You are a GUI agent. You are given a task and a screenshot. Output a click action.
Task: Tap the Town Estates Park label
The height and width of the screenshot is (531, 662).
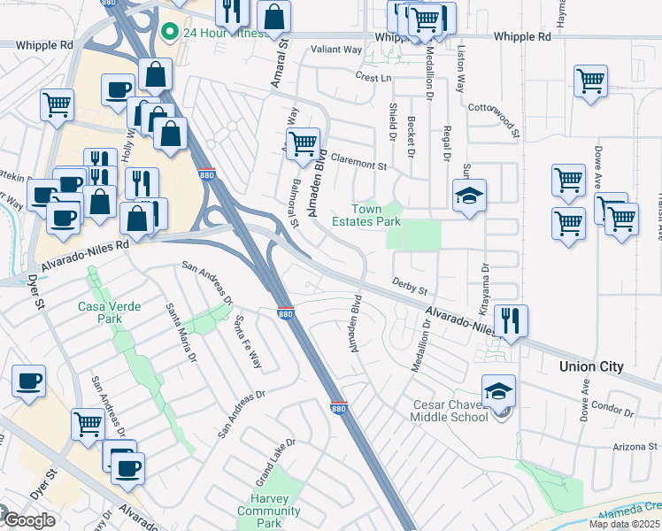click(372, 215)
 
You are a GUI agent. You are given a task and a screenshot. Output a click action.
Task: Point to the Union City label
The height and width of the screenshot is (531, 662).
click(591, 366)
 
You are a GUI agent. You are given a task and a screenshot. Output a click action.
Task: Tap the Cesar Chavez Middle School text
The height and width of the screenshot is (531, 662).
click(450, 412)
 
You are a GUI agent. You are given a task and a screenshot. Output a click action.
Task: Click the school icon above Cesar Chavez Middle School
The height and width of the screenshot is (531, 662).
click(499, 389)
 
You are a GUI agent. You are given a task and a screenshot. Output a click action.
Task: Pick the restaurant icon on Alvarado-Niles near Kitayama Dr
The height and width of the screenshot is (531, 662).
click(512, 319)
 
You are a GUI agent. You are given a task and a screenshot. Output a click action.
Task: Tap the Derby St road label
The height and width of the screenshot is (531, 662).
click(410, 290)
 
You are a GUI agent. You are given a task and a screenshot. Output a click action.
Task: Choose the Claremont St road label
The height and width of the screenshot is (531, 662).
click(359, 165)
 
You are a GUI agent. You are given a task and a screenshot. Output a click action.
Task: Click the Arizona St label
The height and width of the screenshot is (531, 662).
click(635, 449)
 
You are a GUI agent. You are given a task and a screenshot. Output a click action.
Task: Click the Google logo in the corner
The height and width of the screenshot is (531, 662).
click(29, 520)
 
